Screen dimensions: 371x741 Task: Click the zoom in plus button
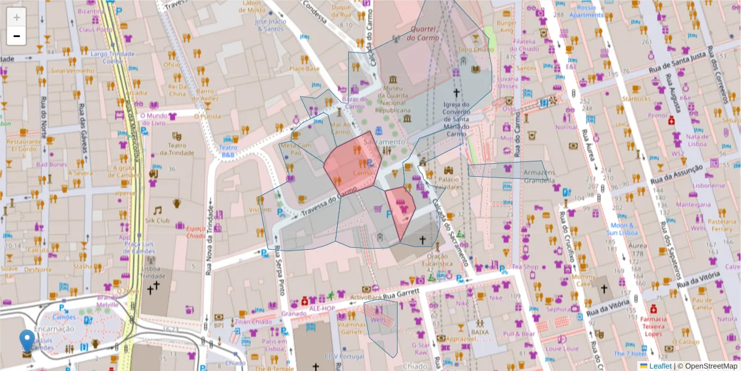[x=17, y=17]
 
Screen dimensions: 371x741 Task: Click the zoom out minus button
[x=17, y=36]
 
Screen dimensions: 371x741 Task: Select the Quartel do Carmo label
[x=423, y=33]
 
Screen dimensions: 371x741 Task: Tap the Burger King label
[x=507, y=26]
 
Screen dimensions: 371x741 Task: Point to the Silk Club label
[x=157, y=220]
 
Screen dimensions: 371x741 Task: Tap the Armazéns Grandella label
[x=540, y=176]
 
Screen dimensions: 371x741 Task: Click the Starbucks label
[x=636, y=98]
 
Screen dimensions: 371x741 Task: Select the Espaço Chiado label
[x=195, y=232]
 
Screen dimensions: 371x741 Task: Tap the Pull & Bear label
[x=519, y=334]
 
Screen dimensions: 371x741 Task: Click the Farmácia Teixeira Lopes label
[x=653, y=326]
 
